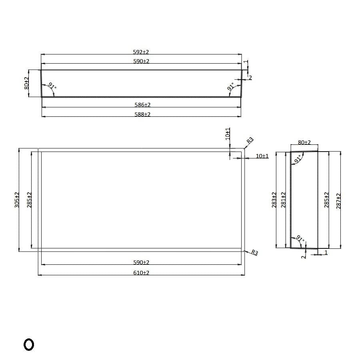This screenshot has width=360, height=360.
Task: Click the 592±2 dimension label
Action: tap(141, 52)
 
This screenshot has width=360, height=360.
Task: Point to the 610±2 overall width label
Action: tap(141, 272)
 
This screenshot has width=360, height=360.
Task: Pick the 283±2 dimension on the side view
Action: tap(274, 200)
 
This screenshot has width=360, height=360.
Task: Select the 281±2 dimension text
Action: tap(284, 200)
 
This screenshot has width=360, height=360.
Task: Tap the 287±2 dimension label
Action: tap(338, 200)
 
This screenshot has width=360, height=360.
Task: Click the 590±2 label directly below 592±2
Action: tap(141, 61)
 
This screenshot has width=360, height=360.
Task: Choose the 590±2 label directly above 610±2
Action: tap(141, 262)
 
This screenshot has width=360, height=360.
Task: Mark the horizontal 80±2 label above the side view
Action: tap(304, 142)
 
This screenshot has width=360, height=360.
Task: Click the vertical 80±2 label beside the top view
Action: tap(26, 83)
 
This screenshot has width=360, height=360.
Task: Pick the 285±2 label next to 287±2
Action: tap(326, 200)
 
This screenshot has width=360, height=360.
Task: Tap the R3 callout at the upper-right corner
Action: tap(250, 140)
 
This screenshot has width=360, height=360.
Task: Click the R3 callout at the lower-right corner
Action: tap(254, 253)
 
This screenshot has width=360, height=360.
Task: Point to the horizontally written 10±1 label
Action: tap(262, 156)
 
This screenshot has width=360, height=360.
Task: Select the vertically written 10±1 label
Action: tap(228, 134)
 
